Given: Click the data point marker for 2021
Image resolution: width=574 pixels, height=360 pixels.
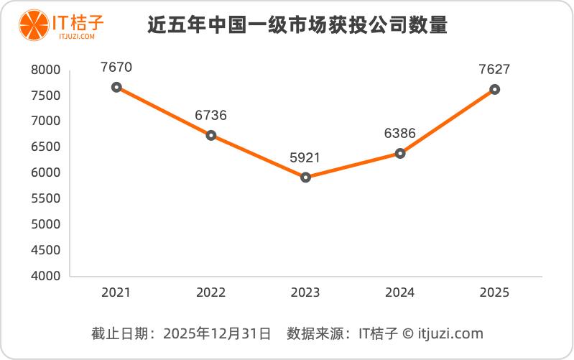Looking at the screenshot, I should (x=116, y=87).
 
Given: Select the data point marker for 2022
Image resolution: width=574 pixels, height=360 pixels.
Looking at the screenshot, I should (x=211, y=135).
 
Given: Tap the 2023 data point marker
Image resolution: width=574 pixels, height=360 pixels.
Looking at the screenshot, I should (x=305, y=177).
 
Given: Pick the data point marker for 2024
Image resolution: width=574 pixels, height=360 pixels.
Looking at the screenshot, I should (x=400, y=153).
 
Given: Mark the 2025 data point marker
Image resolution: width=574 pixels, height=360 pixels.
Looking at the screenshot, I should (x=494, y=89).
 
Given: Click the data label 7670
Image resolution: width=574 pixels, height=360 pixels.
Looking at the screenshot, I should (x=116, y=68).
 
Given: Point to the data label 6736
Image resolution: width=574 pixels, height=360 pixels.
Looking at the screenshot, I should (x=211, y=116).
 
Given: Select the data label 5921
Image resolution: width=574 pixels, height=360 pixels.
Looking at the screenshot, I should (x=305, y=157).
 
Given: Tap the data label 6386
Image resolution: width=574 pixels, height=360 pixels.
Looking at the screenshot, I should (x=400, y=134).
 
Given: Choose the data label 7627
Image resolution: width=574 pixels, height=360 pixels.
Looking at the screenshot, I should (x=494, y=70).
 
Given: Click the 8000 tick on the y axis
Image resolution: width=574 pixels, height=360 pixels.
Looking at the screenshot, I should (x=45, y=70).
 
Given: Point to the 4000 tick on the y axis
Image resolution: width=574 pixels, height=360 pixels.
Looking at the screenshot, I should (x=45, y=276).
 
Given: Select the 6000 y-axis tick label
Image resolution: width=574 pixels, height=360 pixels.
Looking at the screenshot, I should (x=45, y=173).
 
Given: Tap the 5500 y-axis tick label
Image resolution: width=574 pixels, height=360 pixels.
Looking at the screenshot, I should (x=45, y=199).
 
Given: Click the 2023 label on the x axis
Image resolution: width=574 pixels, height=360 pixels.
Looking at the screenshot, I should (x=305, y=292).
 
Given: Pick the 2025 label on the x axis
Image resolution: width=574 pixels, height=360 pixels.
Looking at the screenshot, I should (x=494, y=292).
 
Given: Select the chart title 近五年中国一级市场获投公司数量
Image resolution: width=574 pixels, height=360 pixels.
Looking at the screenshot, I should (x=297, y=27).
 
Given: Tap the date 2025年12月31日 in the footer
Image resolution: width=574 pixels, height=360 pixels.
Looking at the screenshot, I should (x=217, y=333).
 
